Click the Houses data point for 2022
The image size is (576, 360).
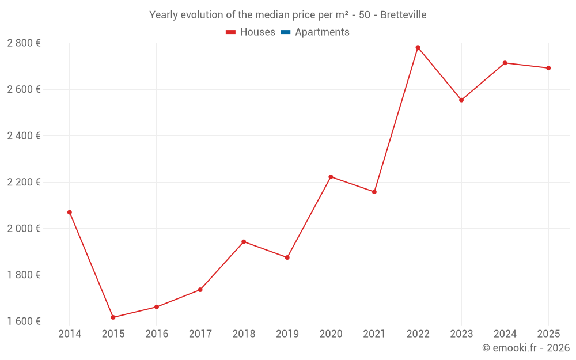[x=418, y=47]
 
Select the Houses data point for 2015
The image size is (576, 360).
[x=113, y=317]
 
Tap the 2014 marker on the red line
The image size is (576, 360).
[x=70, y=213]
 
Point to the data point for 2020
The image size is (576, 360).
[x=331, y=177]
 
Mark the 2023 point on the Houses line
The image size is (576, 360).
[x=461, y=100]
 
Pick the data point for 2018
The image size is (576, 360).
[x=244, y=242]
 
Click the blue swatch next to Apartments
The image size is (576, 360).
[x=286, y=32]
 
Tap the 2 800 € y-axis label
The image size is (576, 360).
[x=24, y=43]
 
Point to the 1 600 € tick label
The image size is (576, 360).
[x=24, y=321]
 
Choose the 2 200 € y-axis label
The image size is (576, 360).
[x=24, y=182]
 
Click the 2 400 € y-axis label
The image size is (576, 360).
[x=24, y=136]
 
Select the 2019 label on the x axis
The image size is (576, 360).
[x=287, y=334]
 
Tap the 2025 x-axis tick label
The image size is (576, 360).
[x=548, y=334]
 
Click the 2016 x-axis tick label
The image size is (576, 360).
[x=157, y=334]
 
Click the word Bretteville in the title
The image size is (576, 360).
[x=403, y=15]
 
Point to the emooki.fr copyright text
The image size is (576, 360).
[x=525, y=348]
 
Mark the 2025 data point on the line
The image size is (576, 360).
[x=548, y=68]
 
